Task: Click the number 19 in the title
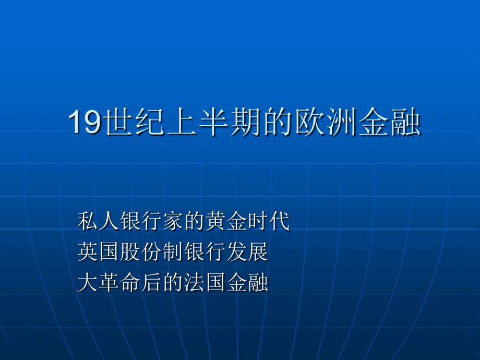point(85,122)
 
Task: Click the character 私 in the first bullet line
point(88,221)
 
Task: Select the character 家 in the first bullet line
point(173,221)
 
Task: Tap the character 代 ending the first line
point(280,221)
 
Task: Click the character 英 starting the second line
point(88,251)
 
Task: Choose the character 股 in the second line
point(130,251)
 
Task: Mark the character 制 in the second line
point(173,251)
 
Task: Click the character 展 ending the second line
point(258,251)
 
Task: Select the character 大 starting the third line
point(88,282)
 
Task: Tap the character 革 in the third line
point(109,282)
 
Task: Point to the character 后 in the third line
point(152,282)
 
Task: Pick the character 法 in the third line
point(195,282)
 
